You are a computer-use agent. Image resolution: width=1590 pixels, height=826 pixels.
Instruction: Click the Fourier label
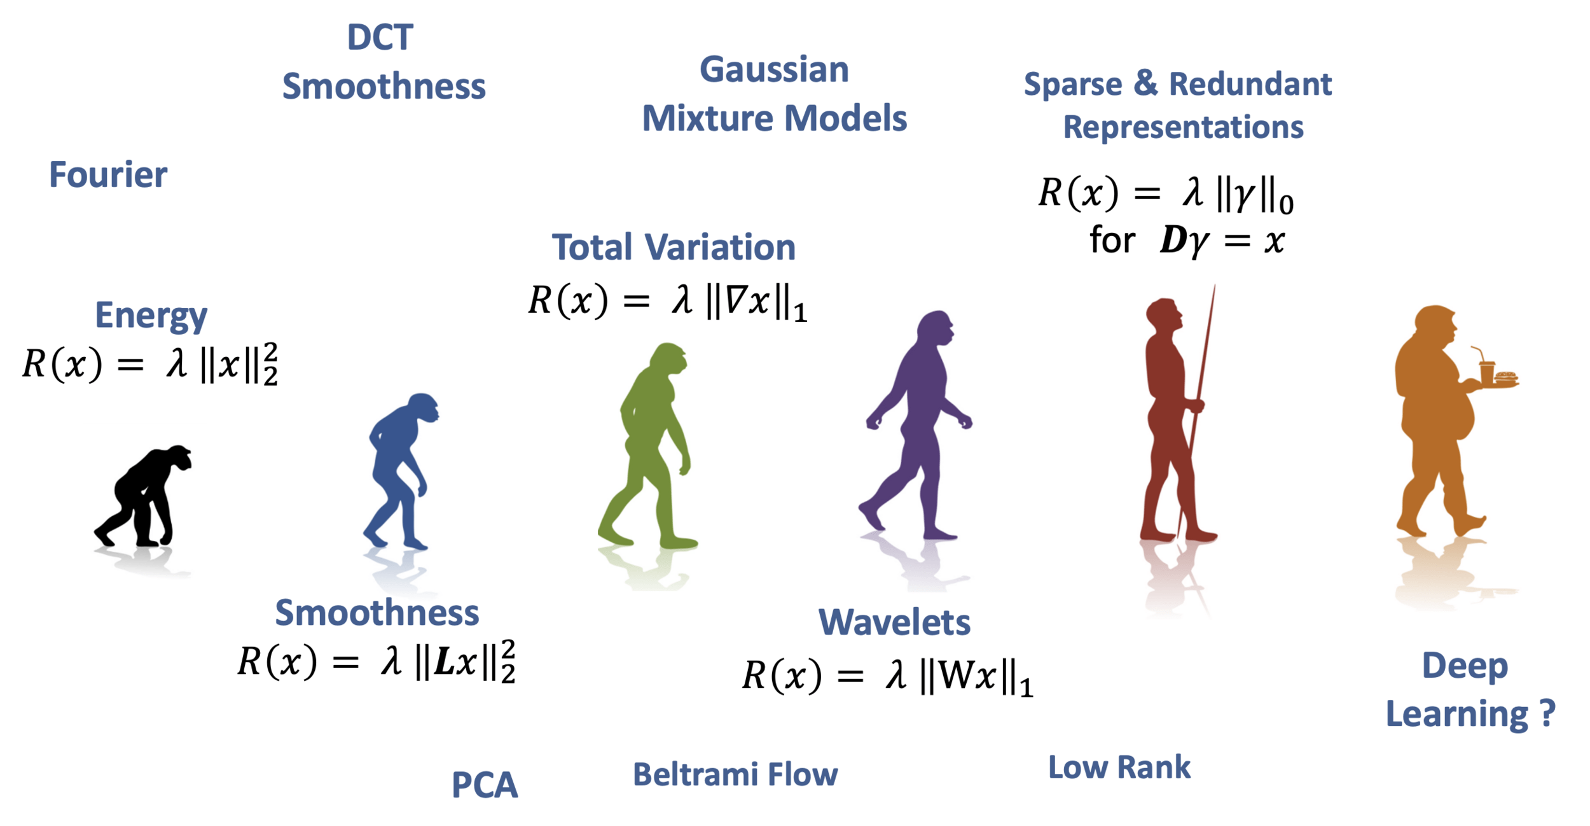[108, 175]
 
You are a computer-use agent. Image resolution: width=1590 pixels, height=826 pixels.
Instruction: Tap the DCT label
[380, 38]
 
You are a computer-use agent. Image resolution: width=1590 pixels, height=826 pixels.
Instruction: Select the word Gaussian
[774, 70]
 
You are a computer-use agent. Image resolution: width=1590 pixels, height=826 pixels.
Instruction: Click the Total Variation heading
[674, 247]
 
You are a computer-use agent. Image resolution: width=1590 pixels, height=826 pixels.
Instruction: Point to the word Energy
[151, 315]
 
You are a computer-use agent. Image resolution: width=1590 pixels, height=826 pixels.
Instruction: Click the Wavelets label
[894, 622]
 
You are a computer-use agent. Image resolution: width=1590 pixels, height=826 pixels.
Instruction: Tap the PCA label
[485, 785]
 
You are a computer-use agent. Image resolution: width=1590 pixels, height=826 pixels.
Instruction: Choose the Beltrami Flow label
[735, 774]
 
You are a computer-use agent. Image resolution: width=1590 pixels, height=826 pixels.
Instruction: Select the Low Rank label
[1119, 767]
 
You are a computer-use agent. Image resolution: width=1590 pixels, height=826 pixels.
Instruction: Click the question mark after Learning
[1547, 713]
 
